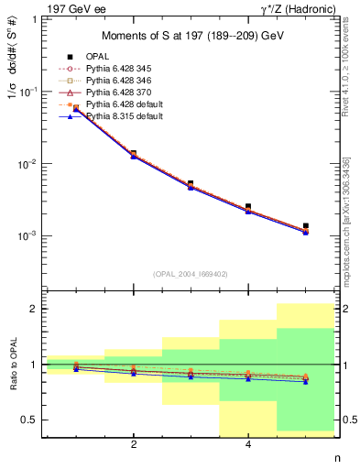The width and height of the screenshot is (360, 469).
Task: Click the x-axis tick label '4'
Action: [x=248, y=445]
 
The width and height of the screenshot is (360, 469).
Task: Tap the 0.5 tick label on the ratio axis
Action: [x=33, y=420]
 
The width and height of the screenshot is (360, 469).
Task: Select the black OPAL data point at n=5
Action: [x=305, y=225]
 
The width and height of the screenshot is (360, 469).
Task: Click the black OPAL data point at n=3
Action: [x=191, y=183]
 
